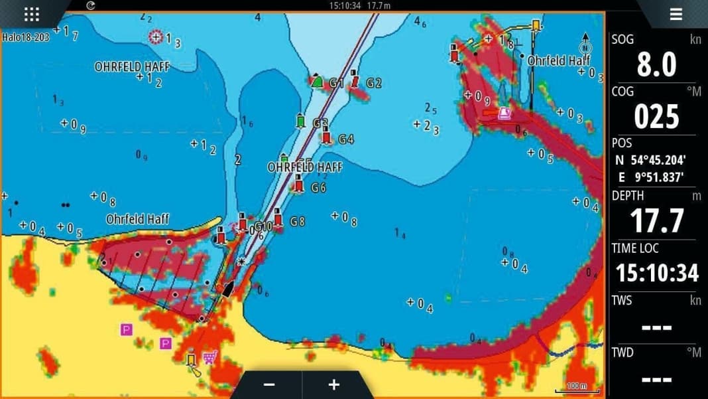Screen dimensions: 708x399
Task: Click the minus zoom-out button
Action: click(x=269, y=385)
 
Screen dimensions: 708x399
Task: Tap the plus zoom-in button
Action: click(x=333, y=385)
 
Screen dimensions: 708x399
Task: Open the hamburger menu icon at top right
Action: click(x=676, y=14)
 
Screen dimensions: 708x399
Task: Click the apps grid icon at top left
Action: click(x=31, y=14)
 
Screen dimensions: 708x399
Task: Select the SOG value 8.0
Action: click(x=656, y=64)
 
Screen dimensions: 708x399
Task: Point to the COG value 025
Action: click(x=656, y=117)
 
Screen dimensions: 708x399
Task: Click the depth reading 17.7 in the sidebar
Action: click(x=656, y=221)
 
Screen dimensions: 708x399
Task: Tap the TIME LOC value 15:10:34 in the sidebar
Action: click(x=656, y=273)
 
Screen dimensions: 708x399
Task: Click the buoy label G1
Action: click(x=337, y=84)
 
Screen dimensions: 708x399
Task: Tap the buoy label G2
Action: click(x=374, y=83)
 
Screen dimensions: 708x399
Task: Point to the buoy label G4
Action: click(x=346, y=139)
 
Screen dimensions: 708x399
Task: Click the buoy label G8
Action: click(x=298, y=222)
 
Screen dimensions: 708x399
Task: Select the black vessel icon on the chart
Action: click(x=228, y=289)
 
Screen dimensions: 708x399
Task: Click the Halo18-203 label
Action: click(x=26, y=37)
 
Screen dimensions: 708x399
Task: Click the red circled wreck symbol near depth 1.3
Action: click(x=156, y=37)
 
